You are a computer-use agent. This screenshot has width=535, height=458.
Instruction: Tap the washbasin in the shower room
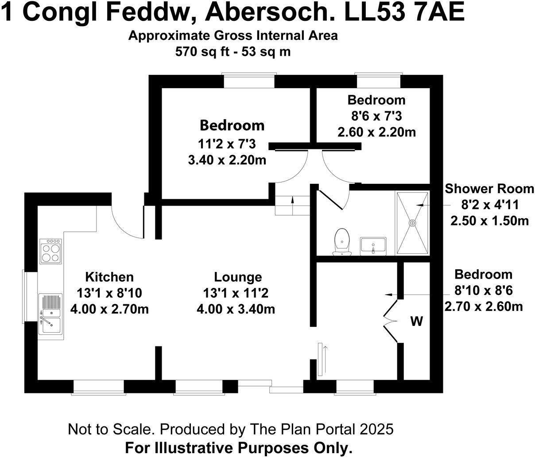point(373,246)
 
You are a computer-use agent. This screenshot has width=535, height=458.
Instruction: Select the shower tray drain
point(413,223)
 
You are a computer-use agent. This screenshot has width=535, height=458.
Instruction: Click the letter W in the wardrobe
point(416,322)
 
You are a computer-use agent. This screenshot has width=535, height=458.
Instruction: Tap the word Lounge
point(238,277)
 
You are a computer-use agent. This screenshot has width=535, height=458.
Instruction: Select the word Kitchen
point(109,277)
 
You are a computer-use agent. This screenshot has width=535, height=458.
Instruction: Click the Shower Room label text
point(489,189)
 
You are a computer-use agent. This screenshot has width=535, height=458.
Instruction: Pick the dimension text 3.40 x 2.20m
point(227,160)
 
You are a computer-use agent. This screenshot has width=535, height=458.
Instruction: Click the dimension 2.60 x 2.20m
point(376,132)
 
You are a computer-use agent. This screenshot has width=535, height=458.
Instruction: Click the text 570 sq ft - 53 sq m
point(233,51)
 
